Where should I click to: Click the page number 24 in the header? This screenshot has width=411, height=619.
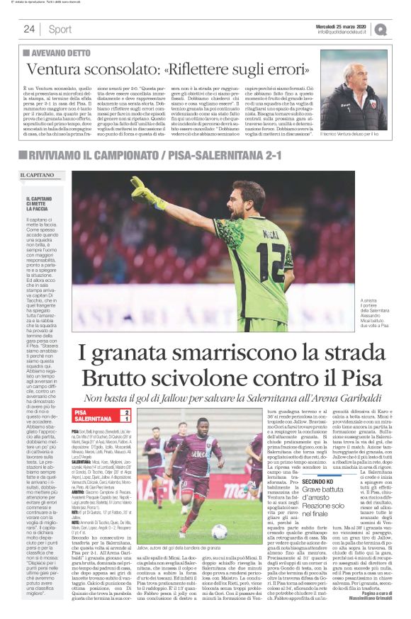[29, 29]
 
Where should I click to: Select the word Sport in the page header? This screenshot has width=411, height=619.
[60, 29]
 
